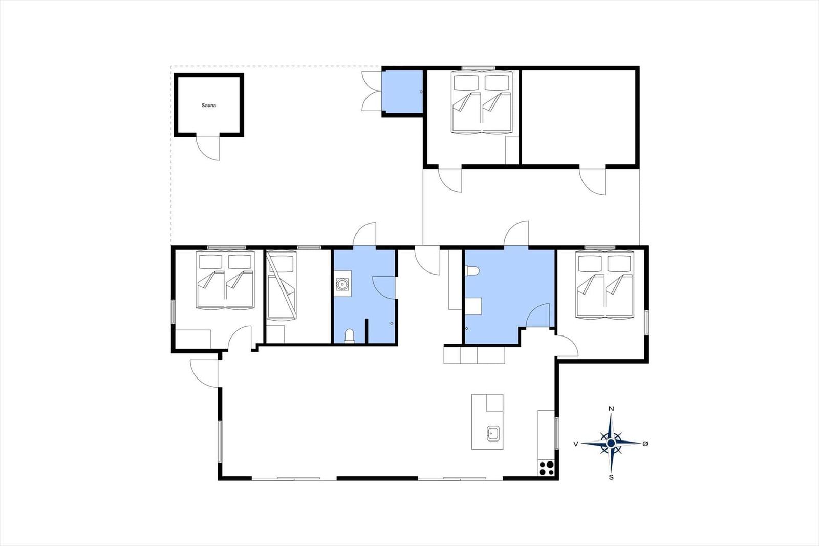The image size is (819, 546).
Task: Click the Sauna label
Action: click(x=208, y=106)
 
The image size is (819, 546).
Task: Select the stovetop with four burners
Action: click(x=546, y=468)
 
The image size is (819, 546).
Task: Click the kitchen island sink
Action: click(x=493, y=433)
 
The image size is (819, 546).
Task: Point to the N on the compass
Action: click(x=611, y=409)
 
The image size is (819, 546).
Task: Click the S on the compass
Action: click(x=611, y=477)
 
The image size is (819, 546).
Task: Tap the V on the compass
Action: click(x=576, y=444)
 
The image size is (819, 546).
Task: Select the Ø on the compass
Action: click(x=645, y=444)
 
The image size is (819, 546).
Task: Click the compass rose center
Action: click(x=611, y=443)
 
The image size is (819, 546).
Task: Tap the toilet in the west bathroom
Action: click(x=350, y=335)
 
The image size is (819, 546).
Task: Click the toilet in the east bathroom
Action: click(x=472, y=271)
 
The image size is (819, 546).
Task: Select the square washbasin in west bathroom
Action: click(x=342, y=284)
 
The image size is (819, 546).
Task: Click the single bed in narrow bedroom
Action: click(x=282, y=286)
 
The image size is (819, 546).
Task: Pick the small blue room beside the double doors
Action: click(x=403, y=92)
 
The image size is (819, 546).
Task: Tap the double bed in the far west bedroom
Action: click(x=226, y=281)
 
